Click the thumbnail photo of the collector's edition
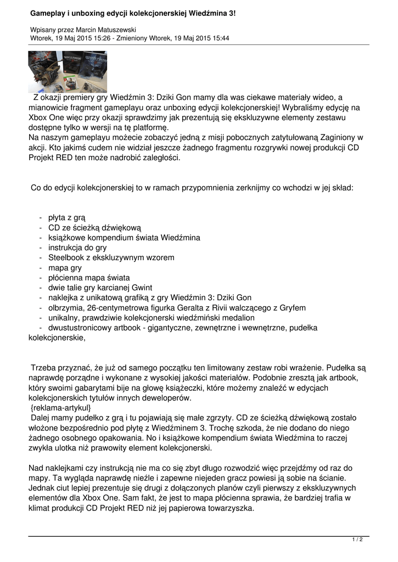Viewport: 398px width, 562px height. coord(68,71)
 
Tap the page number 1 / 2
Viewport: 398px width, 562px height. coord(357,540)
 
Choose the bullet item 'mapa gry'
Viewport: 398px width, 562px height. coord(65,267)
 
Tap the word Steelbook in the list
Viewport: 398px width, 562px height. coord(68,257)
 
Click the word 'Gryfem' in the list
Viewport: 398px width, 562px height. coord(293,307)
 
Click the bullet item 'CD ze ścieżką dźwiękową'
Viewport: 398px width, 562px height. coord(94,228)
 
